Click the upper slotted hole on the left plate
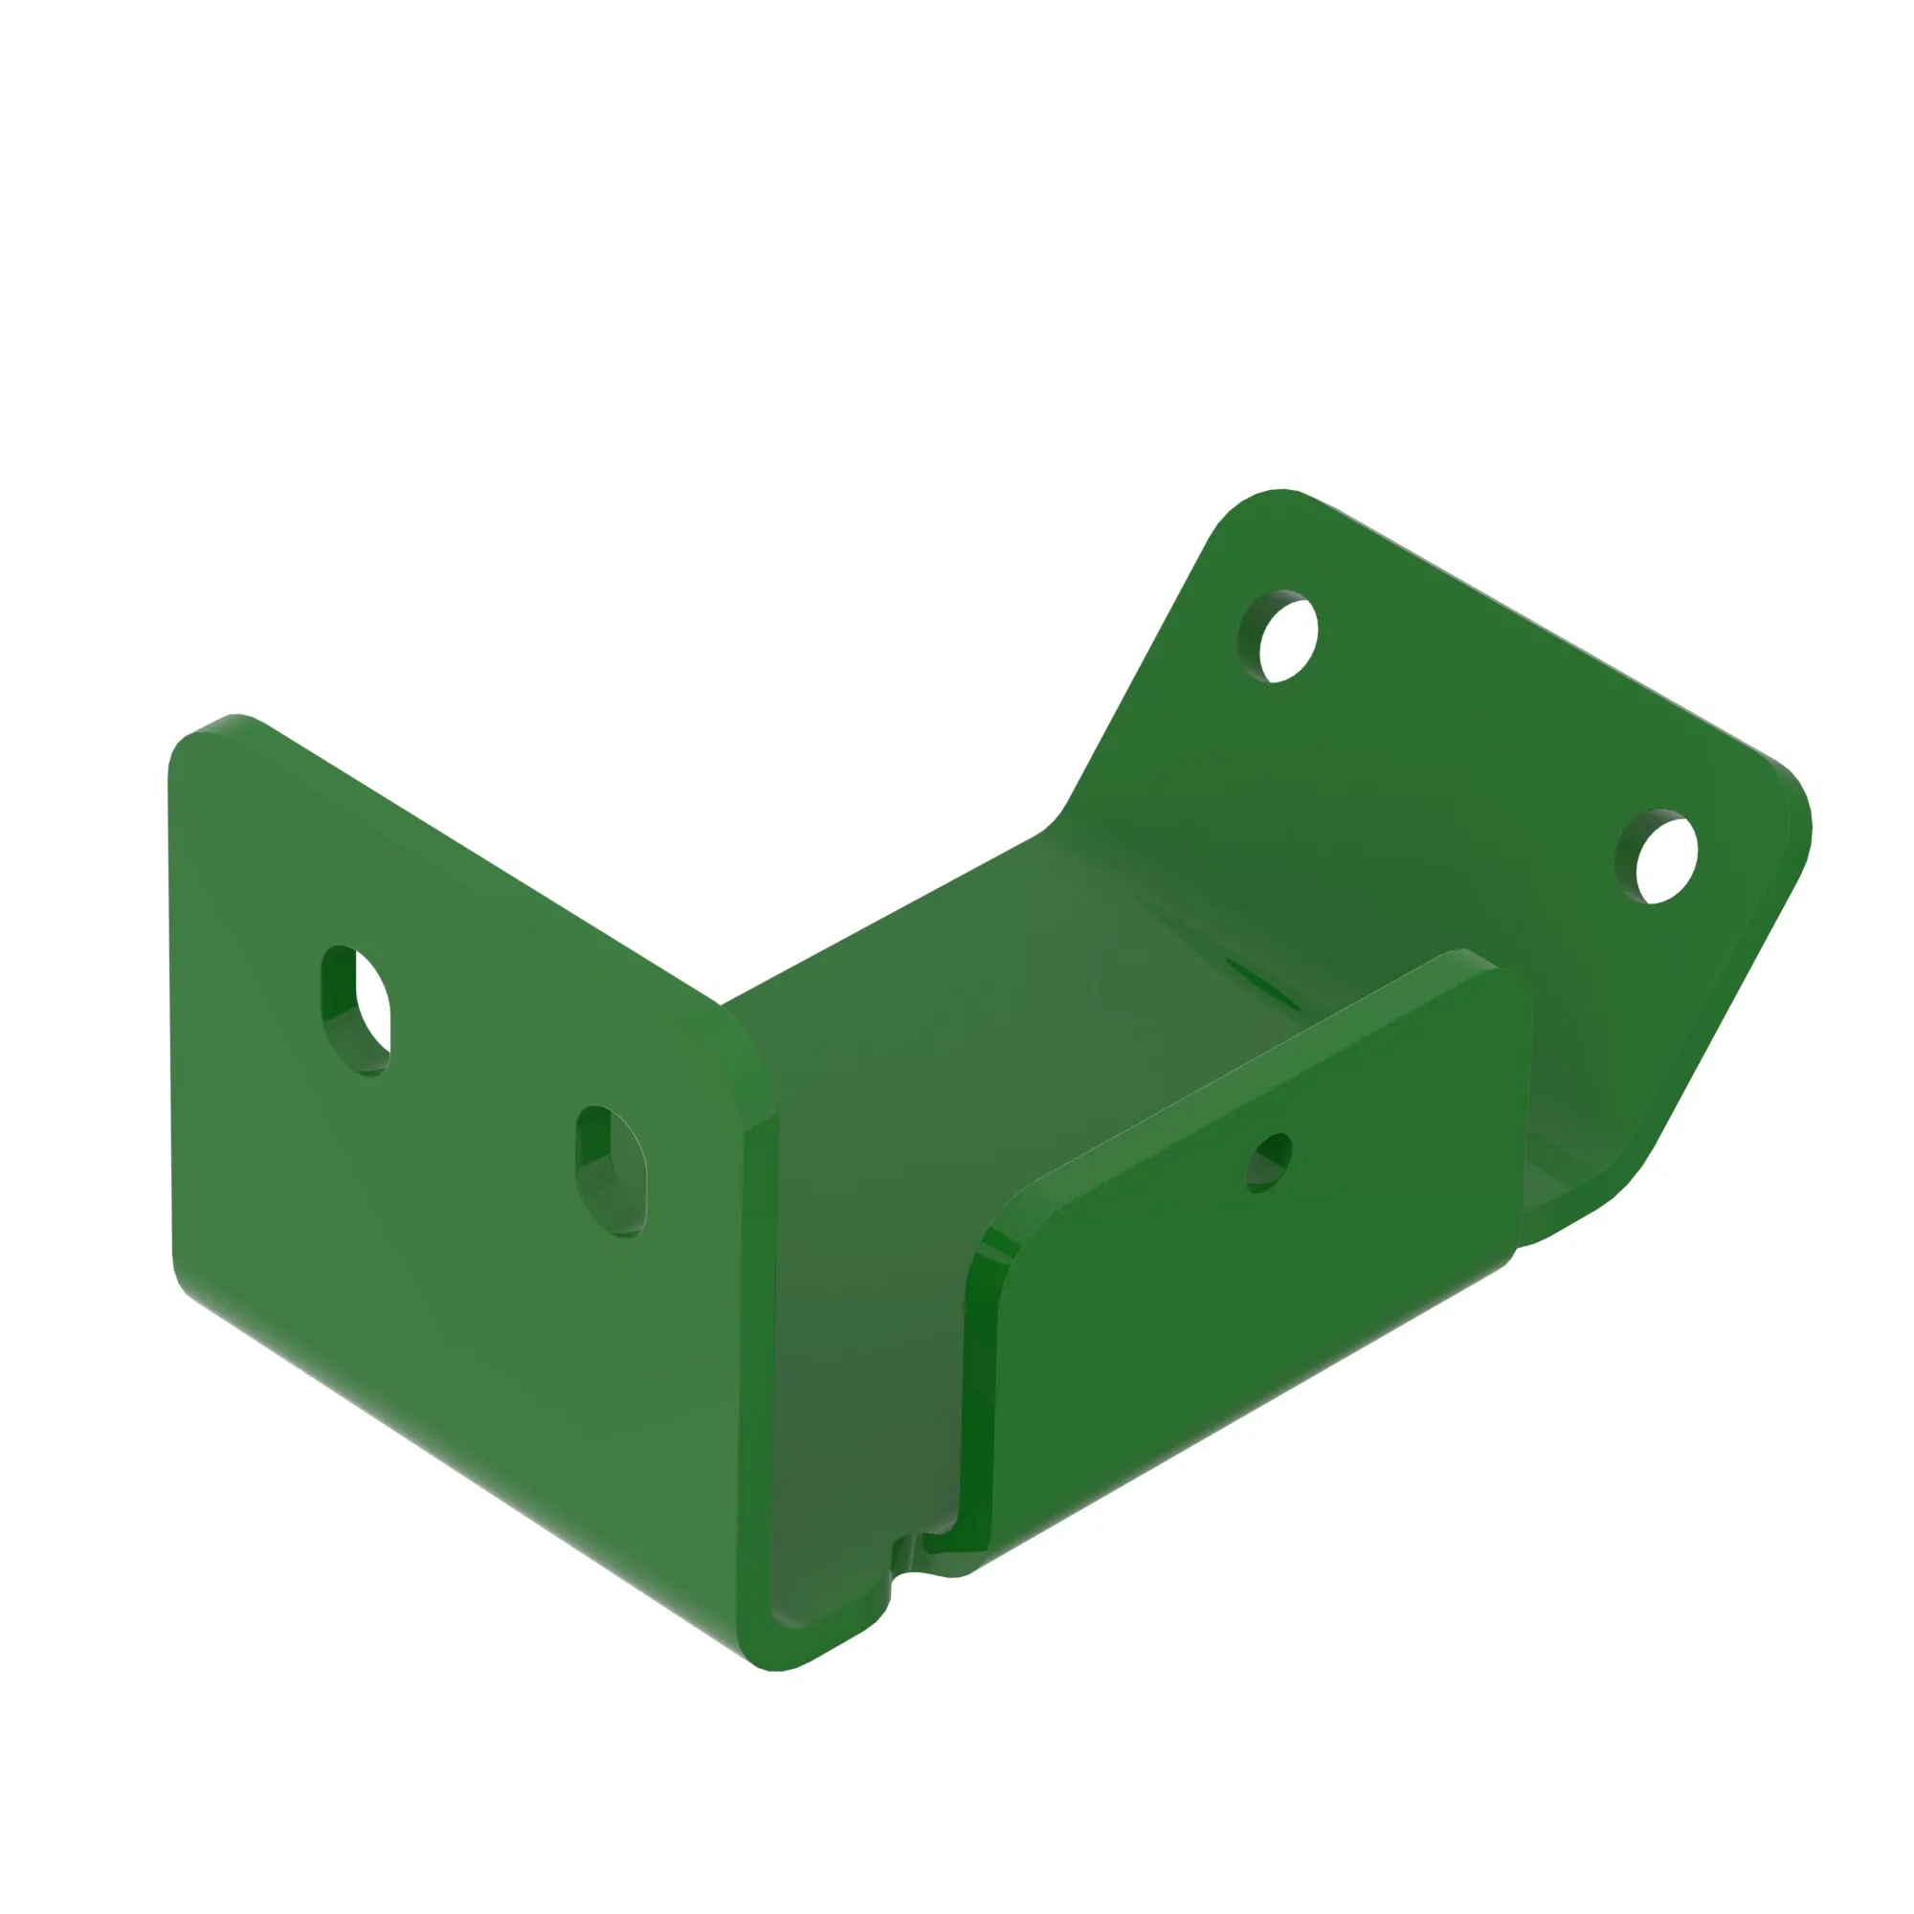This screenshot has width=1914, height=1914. point(357,1011)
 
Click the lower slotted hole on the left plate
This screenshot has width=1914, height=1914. point(612,1172)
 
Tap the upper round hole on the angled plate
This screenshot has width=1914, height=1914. point(1279,637)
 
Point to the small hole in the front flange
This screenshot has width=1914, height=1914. point(1269,1163)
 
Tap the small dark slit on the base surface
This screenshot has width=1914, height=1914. point(1262,981)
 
